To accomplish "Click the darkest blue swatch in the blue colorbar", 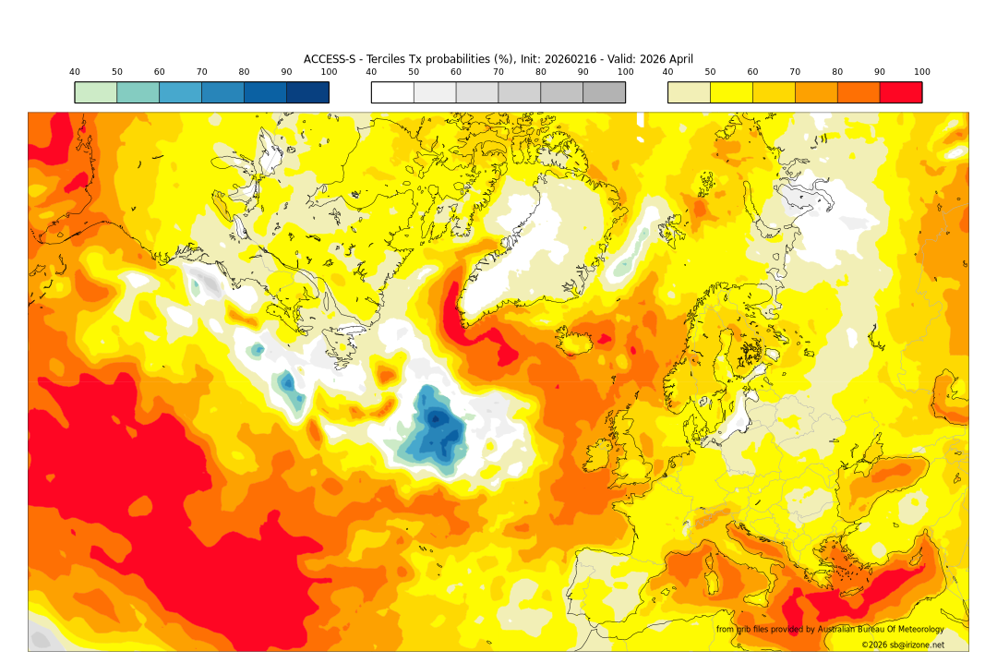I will click(x=307, y=92).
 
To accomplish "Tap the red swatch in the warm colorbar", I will click(x=900, y=92).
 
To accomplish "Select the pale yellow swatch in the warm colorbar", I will click(x=689, y=92).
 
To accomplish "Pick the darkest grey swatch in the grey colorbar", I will click(x=604, y=92).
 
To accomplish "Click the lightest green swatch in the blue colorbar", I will click(x=96, y=92).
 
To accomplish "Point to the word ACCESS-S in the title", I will click(x=330, y=59).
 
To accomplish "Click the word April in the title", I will click(x=678, y=59).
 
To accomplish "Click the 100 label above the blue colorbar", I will click(x=329, y=72).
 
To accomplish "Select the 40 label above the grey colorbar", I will click(x=371, y=72).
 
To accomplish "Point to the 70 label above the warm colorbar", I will click(x=795, y=72).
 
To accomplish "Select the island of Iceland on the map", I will click(x=580, y=343).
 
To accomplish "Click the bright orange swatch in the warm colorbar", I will click(x=858, y=92).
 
